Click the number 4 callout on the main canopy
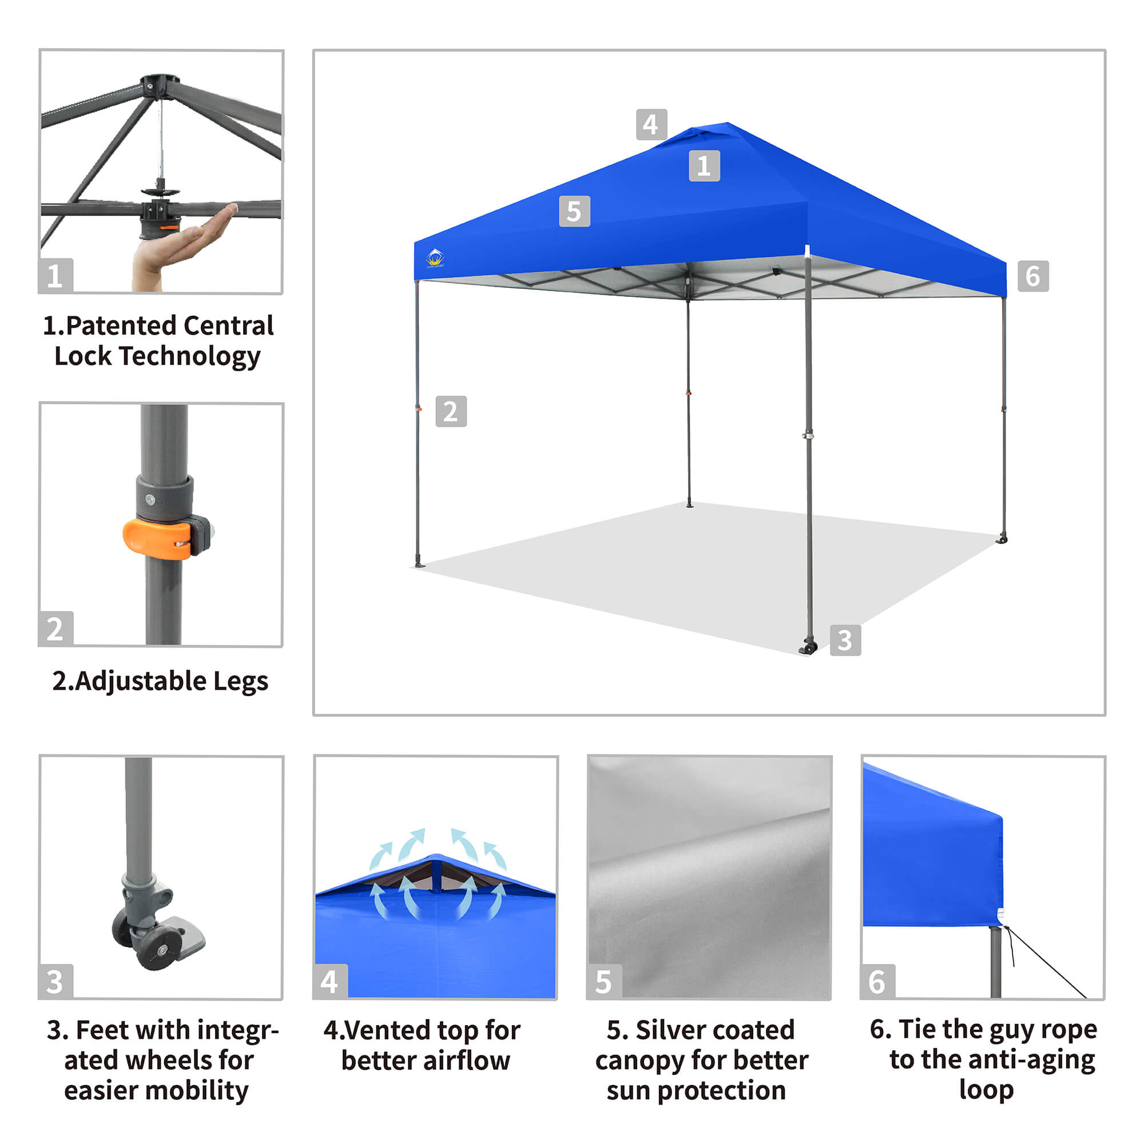(x=652, y=124)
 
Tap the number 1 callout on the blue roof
(x=704, y=166)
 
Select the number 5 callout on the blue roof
(x=574, y=212)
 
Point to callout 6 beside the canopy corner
(x=1033, y=276)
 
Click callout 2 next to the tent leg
(x=451, y=411)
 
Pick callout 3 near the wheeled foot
(x=845, y=640)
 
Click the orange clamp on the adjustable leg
(x=157, y=539)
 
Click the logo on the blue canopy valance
(x=435, y=258)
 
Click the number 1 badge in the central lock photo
(x=55, y=276)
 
